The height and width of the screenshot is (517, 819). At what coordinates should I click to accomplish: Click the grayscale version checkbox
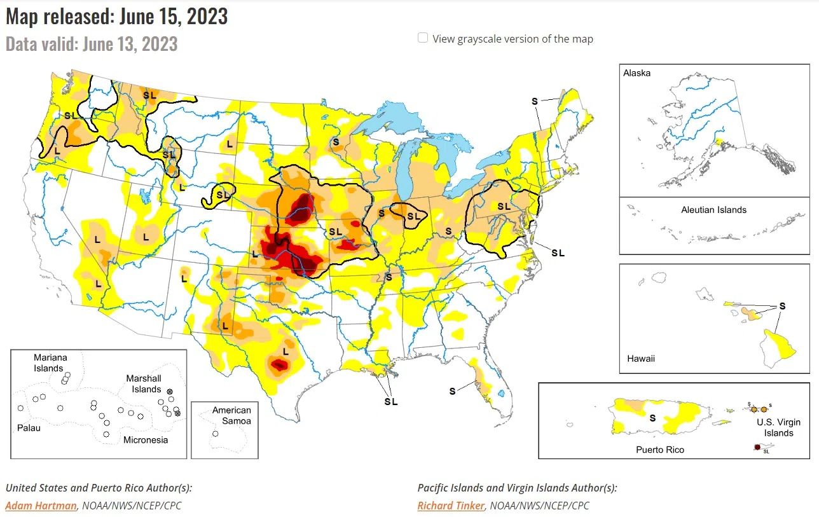point(422,38)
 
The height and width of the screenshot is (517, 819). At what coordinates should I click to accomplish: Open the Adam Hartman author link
point(41,506)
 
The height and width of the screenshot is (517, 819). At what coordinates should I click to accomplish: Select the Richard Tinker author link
point(451,506)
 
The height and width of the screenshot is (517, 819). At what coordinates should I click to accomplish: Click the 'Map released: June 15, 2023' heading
point(116,16)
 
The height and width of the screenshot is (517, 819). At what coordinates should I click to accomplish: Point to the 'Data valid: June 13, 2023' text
point(92,44)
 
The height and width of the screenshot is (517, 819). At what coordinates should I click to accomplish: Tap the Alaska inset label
point(637,73)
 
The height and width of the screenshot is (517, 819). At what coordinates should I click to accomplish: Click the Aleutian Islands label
point(713,210)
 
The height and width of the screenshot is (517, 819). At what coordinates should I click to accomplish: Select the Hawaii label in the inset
point(640,359)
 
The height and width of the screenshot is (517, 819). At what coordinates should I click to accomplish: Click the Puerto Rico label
point(660,450)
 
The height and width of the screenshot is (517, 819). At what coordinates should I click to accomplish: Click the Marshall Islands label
point(143,383)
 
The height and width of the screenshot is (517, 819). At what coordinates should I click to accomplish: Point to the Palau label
point(29,428)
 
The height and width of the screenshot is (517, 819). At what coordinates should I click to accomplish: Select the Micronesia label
point(146,439)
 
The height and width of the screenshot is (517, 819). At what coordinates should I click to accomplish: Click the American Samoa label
point(231,415)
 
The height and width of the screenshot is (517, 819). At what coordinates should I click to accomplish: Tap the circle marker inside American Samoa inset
point(216,434)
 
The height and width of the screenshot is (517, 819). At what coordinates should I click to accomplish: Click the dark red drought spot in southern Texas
point(279,364)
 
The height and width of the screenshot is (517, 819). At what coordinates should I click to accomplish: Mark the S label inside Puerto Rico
point(652,418)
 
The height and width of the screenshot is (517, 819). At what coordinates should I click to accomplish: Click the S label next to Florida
point(452,391)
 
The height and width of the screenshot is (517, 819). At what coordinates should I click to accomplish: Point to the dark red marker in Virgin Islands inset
point(757,448)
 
